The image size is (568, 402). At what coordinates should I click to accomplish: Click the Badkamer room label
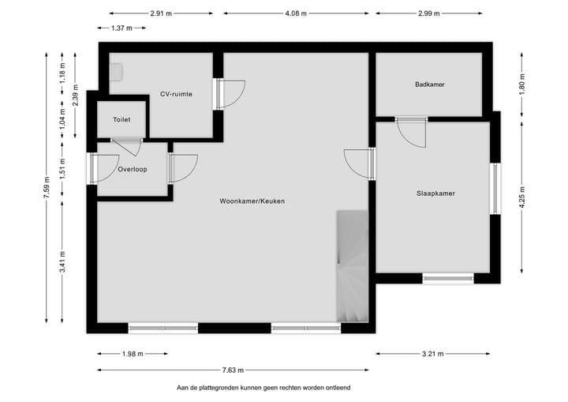click(x=430, y=85)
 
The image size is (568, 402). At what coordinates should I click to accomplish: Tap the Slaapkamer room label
click(x=435, y=193)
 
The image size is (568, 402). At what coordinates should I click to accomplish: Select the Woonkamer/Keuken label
click(x=252, y=201)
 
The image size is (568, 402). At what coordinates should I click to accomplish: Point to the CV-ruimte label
click(x=176, y=94)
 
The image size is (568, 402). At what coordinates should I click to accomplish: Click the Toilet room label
click(x=121, y=120)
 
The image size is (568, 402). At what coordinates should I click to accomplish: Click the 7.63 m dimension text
click(x=234, y=370)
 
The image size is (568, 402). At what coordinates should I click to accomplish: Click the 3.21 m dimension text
click(x=432, y=354)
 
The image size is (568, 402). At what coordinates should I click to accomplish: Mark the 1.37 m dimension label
click(x=121, y=28)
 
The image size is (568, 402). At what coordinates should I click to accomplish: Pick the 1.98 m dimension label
click(x=132, y=354)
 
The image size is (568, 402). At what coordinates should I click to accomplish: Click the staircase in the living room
click(x=352, y=269)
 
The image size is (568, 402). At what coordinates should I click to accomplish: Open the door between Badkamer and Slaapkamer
click(x=412, y=131)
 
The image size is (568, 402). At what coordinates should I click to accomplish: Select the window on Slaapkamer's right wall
click(x=495, y=188)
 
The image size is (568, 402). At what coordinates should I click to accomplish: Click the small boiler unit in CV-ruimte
click(x=116, y=72)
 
